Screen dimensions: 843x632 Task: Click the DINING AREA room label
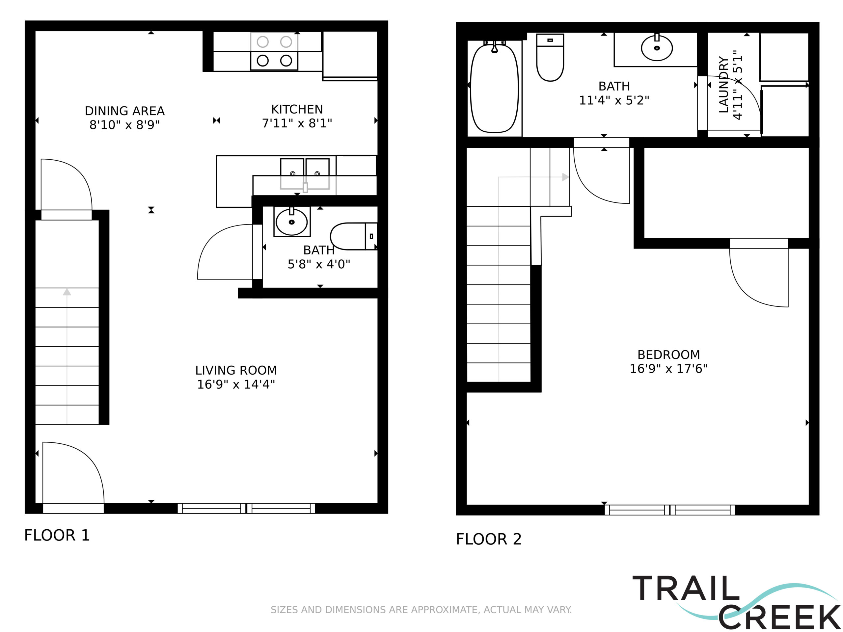pos(124,111)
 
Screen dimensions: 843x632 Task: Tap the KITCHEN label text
pos(297,109)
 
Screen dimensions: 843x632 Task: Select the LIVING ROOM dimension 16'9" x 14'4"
pos(236,384)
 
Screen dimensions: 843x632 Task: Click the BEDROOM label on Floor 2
pos(668,355)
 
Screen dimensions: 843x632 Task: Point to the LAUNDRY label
pos(724,85)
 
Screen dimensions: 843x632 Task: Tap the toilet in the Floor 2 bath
pos(550,58)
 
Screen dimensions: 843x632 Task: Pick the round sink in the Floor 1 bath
pos(291,221)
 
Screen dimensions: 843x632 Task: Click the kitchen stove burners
pos(274,51)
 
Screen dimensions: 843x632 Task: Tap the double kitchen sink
pos(305,174)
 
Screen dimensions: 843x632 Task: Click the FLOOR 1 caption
pos(57,535)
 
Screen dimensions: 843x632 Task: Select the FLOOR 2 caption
pos(489,539)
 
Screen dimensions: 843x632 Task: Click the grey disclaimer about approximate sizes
pos(421,610)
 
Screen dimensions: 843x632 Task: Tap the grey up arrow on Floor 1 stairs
pos(67,356)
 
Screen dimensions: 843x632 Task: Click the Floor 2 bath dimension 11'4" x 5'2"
pos(614,100)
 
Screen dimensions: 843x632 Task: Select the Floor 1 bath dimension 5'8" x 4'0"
pos(319,264)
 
